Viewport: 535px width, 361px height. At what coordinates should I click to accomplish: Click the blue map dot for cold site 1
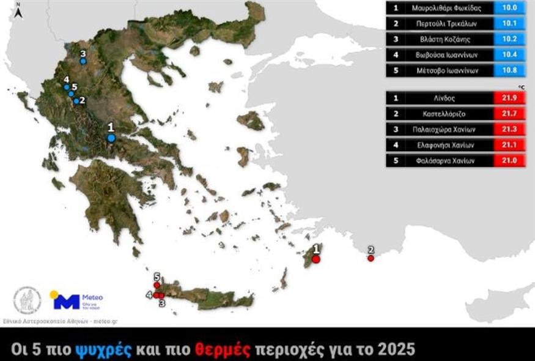click(111, 138)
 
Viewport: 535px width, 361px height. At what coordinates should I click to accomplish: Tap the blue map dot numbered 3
click(83, 61)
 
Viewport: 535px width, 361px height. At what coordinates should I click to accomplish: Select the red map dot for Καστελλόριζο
click(371, 258)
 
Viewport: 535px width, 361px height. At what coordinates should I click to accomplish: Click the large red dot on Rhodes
click(316, 259)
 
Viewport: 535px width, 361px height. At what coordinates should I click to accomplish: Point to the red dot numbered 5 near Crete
click(157, 285)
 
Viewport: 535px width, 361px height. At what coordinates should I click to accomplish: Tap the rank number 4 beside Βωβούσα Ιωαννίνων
click(396, 55)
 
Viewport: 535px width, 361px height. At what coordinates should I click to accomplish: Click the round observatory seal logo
click(28, 300)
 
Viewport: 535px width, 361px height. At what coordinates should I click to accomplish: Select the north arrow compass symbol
click(20, 12)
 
